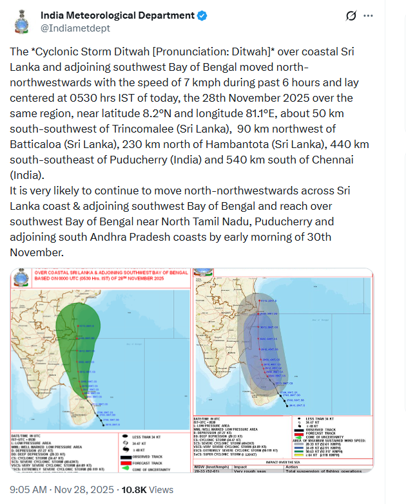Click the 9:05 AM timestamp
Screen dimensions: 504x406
tap(30, 490)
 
